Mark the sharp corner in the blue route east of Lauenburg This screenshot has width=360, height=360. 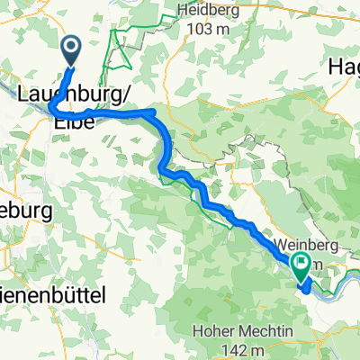click(x=155, y=112)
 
